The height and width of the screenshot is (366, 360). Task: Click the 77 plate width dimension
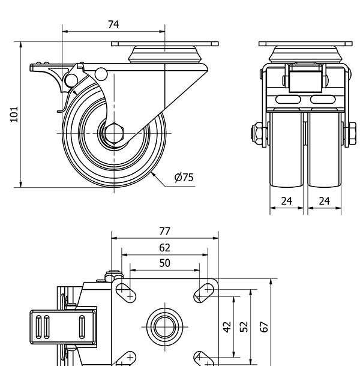click(165, 230)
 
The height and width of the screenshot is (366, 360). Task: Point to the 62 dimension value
click(165, 247)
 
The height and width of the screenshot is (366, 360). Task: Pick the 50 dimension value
click(165, 263)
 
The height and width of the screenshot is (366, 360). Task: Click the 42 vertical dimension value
click(227, 327)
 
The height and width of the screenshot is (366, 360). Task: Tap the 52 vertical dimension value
click(244, 327)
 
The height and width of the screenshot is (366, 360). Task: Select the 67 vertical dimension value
click(263, 327)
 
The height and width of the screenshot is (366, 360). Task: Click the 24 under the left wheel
click(287, 201)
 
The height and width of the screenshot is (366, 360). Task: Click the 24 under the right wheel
click(325, 201)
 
